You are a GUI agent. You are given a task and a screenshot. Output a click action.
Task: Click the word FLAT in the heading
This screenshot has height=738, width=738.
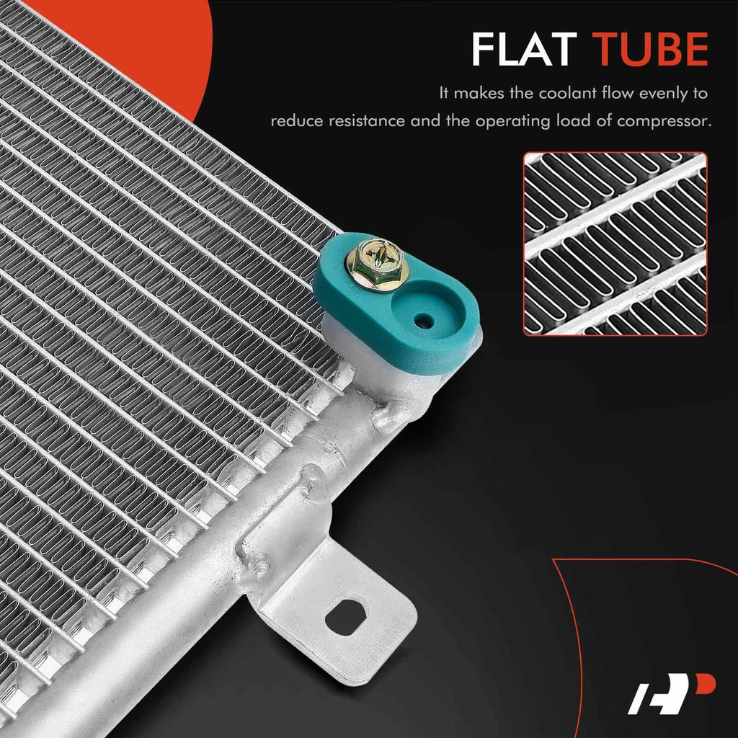click(x=524, y=49)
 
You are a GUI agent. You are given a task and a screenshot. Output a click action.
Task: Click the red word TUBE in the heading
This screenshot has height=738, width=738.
click(x=650, y=49)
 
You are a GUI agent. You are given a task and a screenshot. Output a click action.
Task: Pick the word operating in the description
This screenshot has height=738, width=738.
click(x=512, y=122)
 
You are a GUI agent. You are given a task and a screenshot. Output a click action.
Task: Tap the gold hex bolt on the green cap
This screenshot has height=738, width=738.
click(x=376, y=264)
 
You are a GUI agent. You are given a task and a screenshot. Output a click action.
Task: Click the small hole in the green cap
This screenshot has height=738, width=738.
click(x=424, y=321)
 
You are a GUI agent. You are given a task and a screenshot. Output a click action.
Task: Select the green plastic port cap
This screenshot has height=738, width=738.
click(x=396, y=303)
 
